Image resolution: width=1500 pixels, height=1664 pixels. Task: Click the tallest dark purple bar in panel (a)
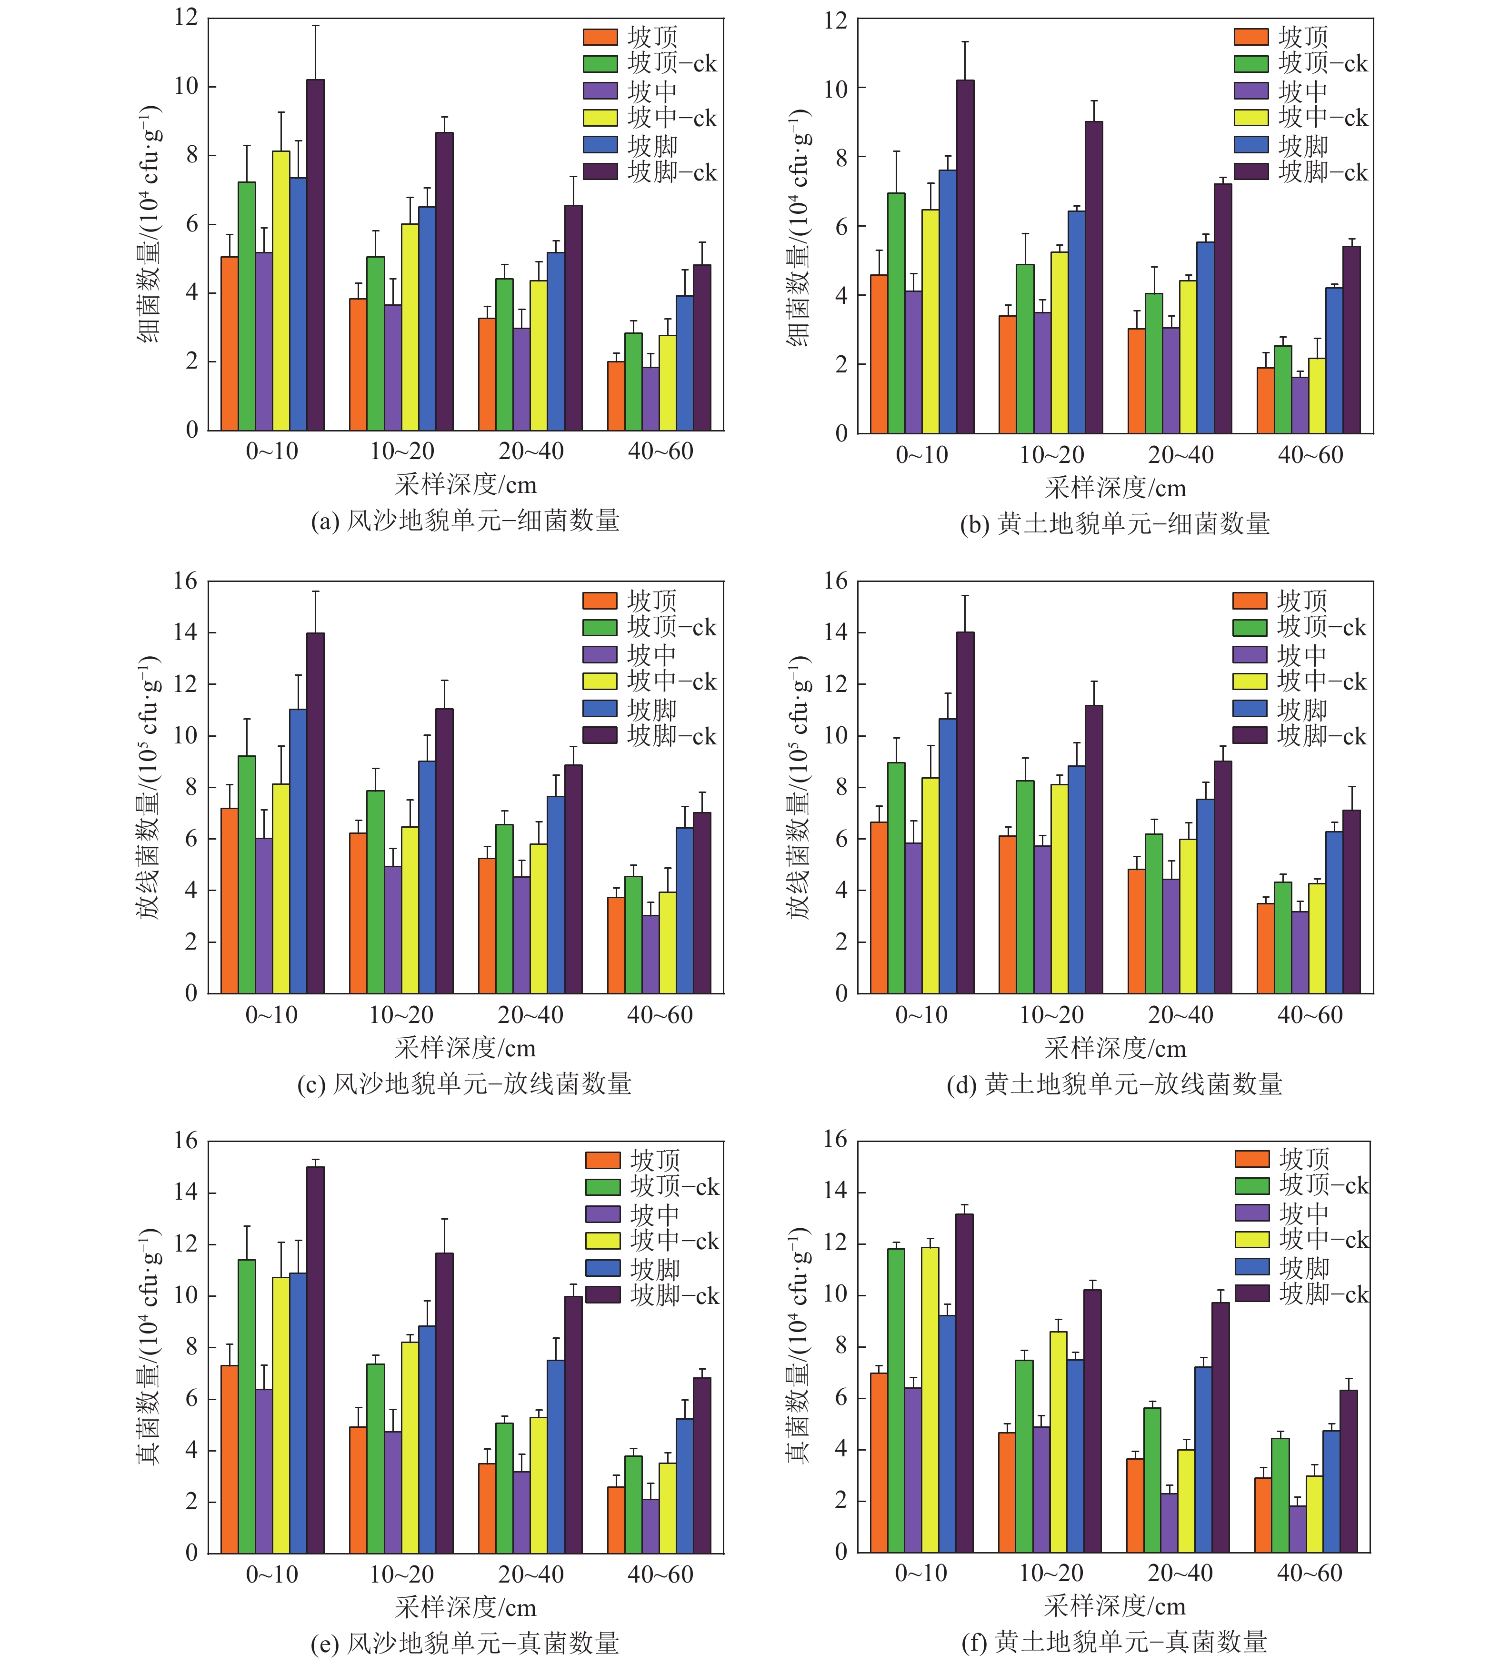point(315,255)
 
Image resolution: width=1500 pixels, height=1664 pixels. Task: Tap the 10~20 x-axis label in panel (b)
point(1051,455)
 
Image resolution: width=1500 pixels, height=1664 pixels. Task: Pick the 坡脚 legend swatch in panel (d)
point(1250,709)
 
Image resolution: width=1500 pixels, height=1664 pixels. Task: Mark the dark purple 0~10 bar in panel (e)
point(315,1360)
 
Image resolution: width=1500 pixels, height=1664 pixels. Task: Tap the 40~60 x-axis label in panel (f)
point(1310,1574)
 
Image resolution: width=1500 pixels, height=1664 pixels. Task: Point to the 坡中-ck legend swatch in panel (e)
point(602,1240)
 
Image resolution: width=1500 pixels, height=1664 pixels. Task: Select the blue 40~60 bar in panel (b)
point(1333,360)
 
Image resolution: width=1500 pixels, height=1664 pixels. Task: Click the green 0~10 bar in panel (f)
point(896,1401)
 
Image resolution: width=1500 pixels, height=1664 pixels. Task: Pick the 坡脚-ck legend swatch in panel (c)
point(600,735)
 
